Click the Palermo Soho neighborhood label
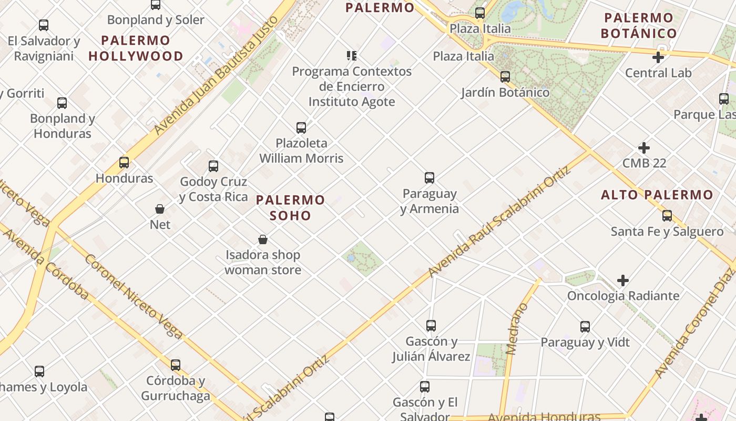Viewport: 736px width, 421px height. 290,207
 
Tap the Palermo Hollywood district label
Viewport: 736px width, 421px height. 136,48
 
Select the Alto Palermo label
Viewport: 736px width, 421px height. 657,195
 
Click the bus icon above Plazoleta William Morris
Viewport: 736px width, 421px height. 301,127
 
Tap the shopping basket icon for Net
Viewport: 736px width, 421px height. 160,209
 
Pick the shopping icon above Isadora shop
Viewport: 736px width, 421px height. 263,240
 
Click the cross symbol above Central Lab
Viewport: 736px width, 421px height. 658,57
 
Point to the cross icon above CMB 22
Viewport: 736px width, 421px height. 644,148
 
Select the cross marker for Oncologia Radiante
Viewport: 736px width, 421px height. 623,280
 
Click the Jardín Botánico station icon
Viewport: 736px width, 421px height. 505,77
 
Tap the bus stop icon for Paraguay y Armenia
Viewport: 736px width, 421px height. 430,178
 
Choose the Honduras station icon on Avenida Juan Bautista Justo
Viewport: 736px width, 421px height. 124,163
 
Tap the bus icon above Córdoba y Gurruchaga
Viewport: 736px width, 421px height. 176,365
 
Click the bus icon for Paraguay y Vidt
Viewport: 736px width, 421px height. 585,327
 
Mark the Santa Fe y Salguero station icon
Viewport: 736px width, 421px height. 667,216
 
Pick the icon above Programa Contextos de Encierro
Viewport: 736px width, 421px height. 352,55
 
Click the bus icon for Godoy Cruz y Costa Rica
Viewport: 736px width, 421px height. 213,166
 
